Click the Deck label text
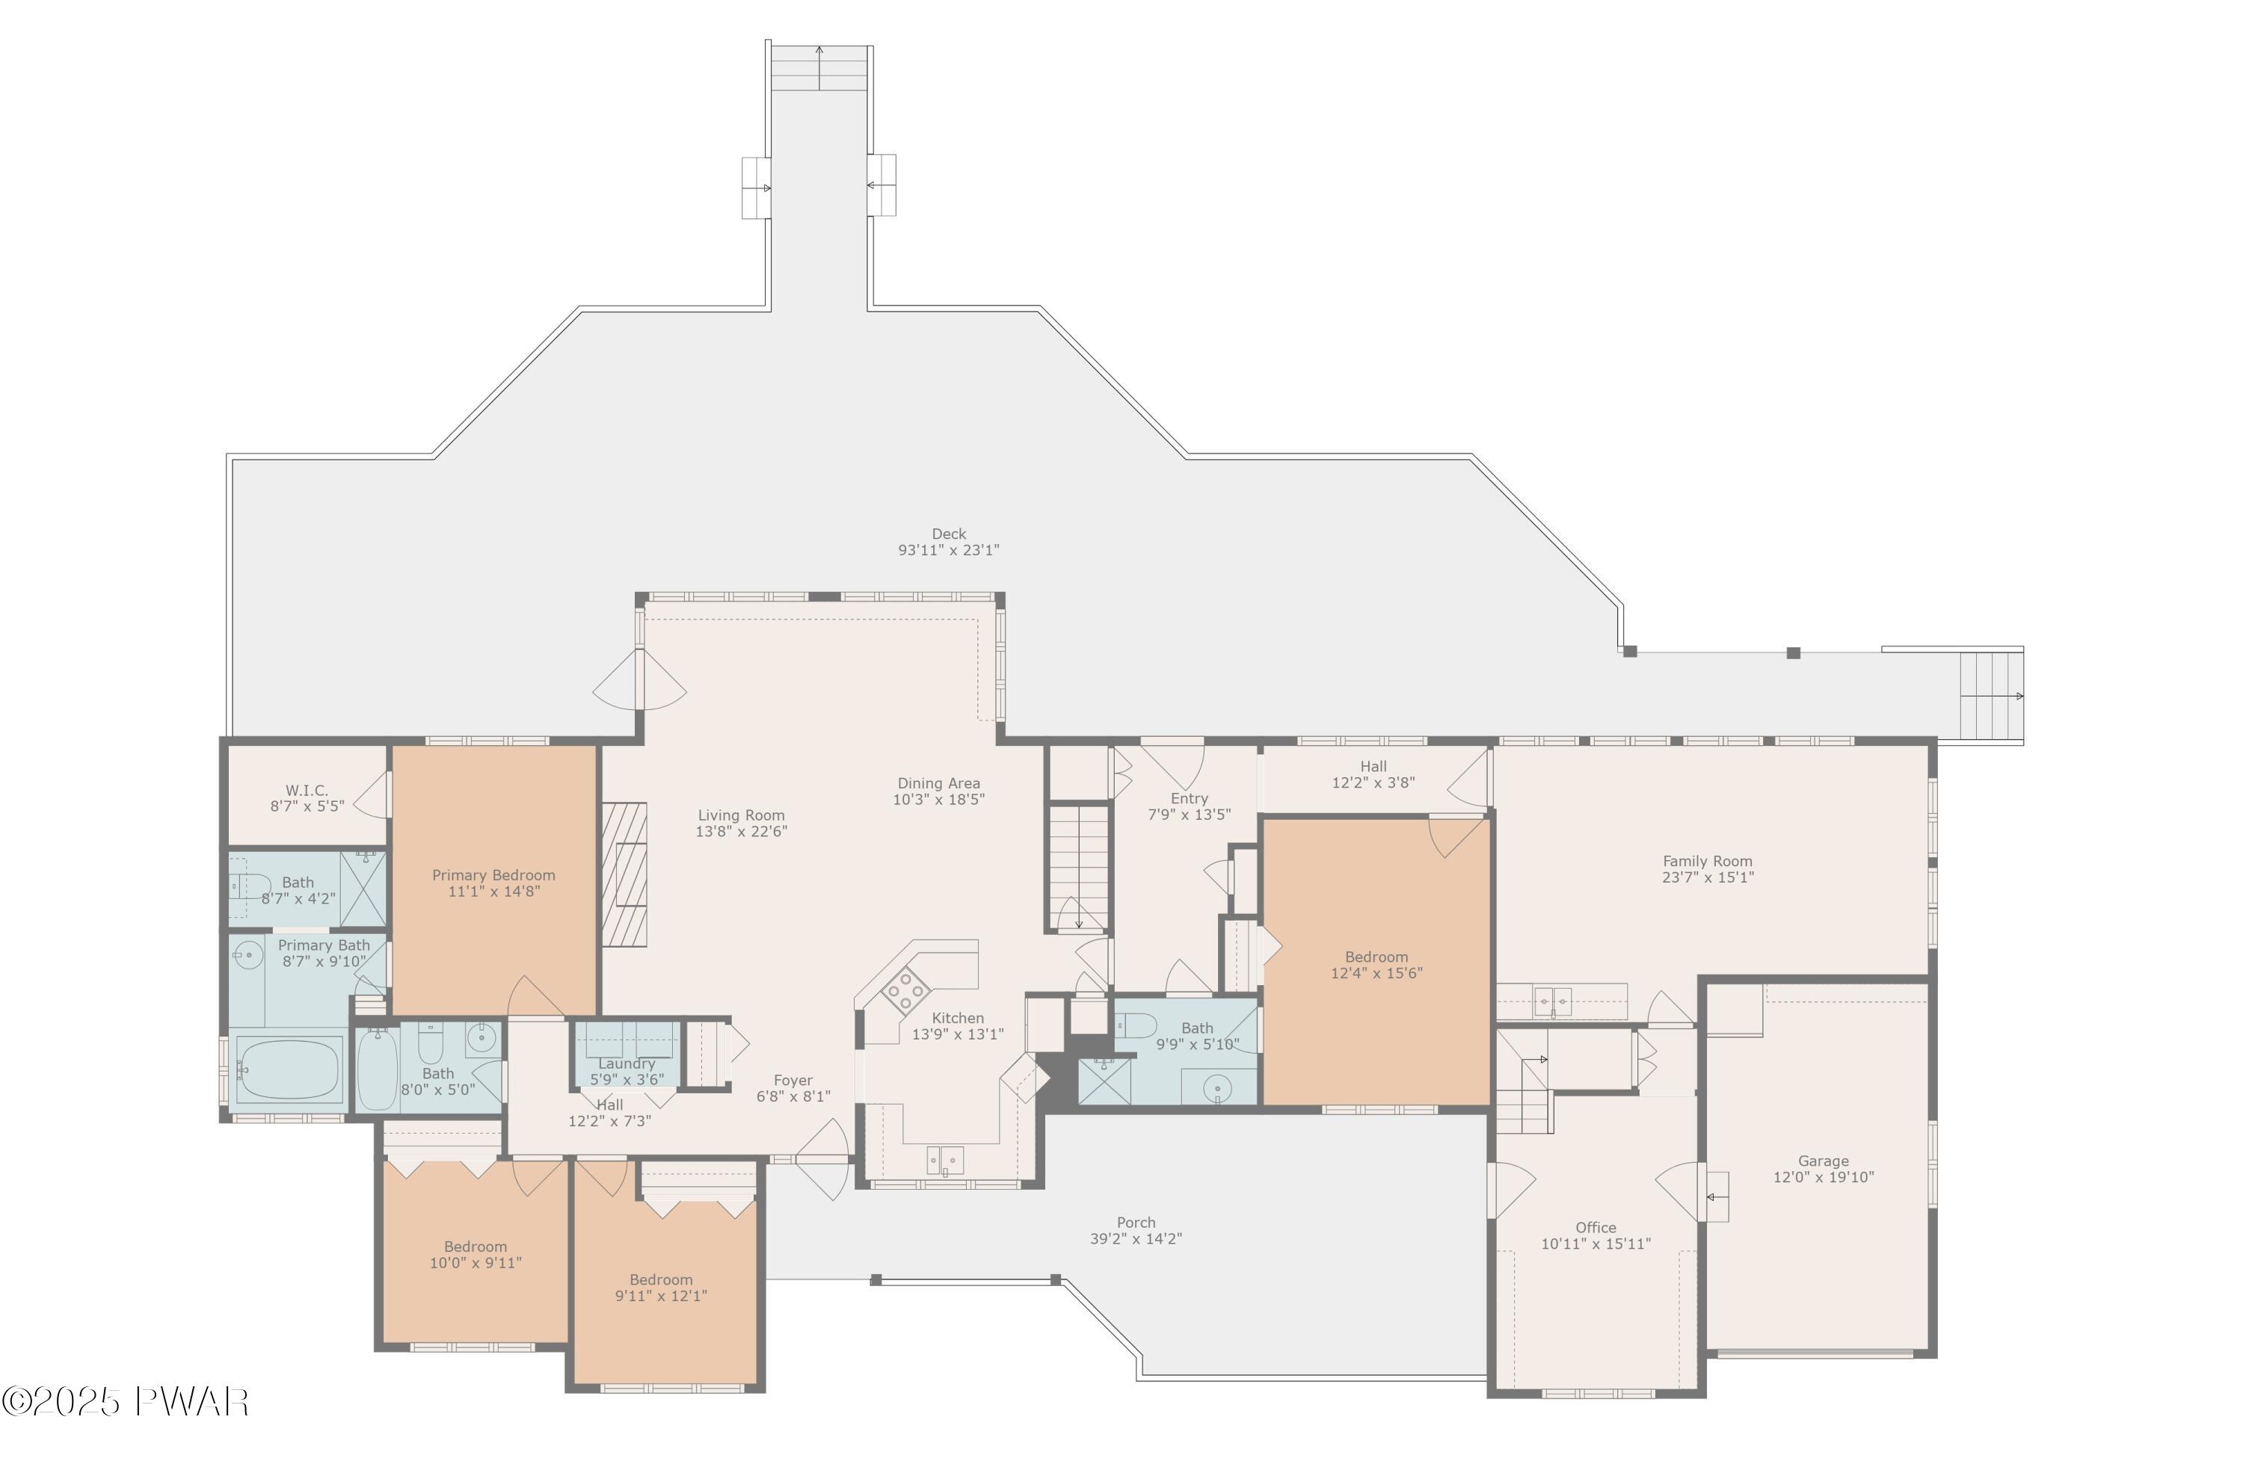pyautogui.click(x=948, y=534)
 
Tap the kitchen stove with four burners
pyautogui.click(x=905, y=990)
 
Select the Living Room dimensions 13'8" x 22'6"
pyautogui.click(x=742, y=832)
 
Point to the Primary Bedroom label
pyautogui.click(x=493, y=875)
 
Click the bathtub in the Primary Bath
pyautogui.click(x=289, y=1069)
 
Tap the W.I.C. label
pyautogui.click(x=307, y=791)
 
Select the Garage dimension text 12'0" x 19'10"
pyautogui.click(x=1823, y=1178)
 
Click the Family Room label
pyautogui.click(x=1707, y=861)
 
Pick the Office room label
pyautogui.click(x=1596, y=1228)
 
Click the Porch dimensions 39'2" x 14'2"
pyautogui.click(x=1136, y=1239)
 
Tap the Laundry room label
pyautogui.click(x=626, y=1063)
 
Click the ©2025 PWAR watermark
pyautogui.click(x=126, y=1402)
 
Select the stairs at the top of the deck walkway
pyautogui.click(x=819, y=68)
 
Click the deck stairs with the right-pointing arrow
pyautogui.click(x=1991, y=697)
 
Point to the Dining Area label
pyautogui.click(x=938, y=784)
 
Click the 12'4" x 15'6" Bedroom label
pyautogui.click(x=1376, y=973)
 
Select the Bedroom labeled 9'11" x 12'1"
pyautogui.click(x=661, y=1297)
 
